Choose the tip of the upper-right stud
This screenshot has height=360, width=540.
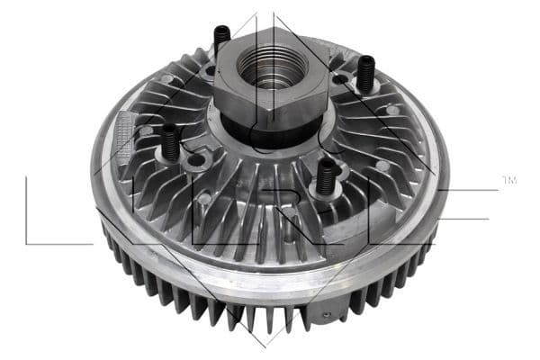point(367,59)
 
